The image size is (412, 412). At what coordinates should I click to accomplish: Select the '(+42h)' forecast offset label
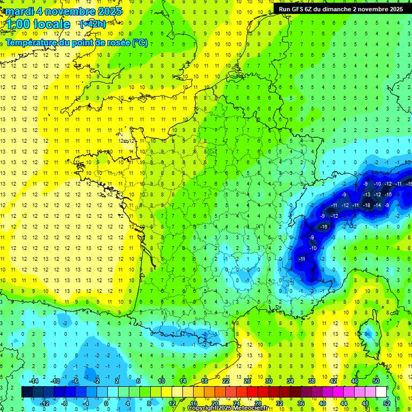tap(92, 24)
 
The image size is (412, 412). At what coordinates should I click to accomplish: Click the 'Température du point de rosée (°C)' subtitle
tap(77, 42)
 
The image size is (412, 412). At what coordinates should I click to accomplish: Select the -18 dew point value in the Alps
tap(367, 205)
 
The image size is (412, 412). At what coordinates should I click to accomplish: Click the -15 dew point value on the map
tap(388, 194)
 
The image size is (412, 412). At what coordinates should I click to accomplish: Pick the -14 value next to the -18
tap(378, 205)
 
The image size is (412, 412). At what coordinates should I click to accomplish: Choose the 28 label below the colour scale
tap(257, 403)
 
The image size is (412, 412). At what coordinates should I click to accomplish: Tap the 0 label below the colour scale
tap(107, 403)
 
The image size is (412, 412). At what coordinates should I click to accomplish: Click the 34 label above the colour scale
tap(290, 381)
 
